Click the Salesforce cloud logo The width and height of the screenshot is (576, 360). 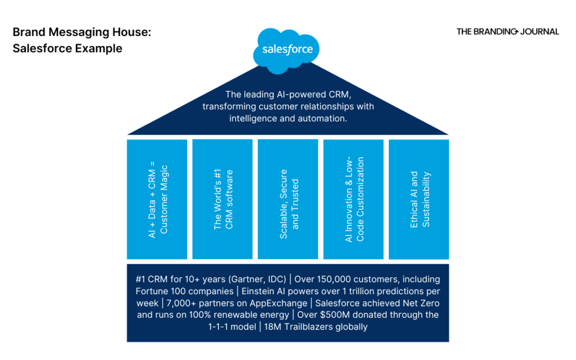click(x=287, y=49)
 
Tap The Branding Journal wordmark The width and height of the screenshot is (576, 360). click(x=507, y=31)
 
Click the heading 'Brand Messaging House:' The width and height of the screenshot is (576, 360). click(x=82, y=33)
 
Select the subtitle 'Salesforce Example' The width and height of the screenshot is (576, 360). click(x=67, y=48)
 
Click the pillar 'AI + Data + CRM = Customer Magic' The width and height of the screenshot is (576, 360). click(x=157, y=199)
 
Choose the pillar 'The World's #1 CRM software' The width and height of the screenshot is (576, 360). click(x=223, y=199)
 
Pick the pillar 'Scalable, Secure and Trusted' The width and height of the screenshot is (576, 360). click(x=288, y=199)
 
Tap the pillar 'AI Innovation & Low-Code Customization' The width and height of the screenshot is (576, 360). click(x=354, y=199)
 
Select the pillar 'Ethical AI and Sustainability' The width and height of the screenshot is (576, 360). click(x=419, y=199)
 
